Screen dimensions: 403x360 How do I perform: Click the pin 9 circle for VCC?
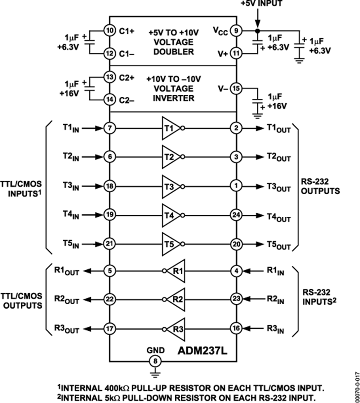pyautogui.click(x=236, y=30)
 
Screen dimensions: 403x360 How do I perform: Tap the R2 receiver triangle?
pyautogui.click(x=177, y=299)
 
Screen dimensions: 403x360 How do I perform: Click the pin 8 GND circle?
pyautogui.click(x=153, y=361)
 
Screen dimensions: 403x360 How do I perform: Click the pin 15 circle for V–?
pyautogui.click(x=236, y=89)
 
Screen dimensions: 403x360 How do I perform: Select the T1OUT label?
pyautogui.click(x=279, y=129)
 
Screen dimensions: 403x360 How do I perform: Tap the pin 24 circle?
pyautogui.click(x=236, y=215)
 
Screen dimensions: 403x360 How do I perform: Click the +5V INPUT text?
pyautogui.click(x=261, y=4)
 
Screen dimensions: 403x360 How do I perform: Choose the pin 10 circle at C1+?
pyautogui.click(x=109, y=30)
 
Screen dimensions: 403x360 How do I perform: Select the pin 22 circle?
pyautogui.click(x=109, y=299)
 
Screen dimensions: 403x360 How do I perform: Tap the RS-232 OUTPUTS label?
pyautogui.click(x=320, y=186)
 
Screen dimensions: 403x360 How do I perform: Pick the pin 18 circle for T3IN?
pyautogui.click(x=109, y=186)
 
